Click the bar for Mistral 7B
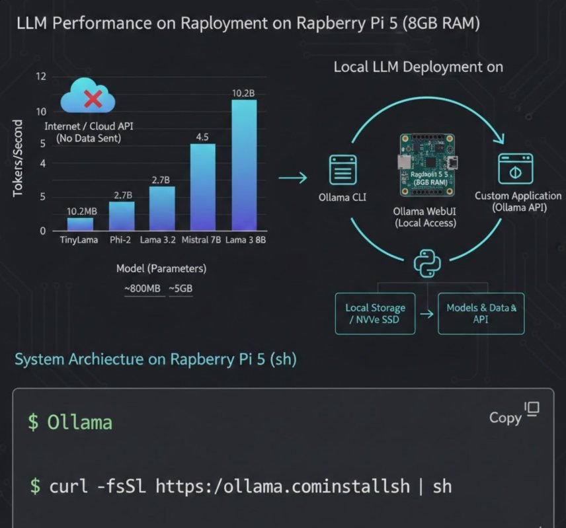point(203,187)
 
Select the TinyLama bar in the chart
point(80,223)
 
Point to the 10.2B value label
point(243,93)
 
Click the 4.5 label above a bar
point(203,137)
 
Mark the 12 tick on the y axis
point(41,77)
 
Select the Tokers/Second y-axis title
point(18,159)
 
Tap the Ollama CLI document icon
point(343,170)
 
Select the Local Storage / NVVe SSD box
point(375,313)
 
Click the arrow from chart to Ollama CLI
point(293,178)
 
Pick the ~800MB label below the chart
point(144,289)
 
